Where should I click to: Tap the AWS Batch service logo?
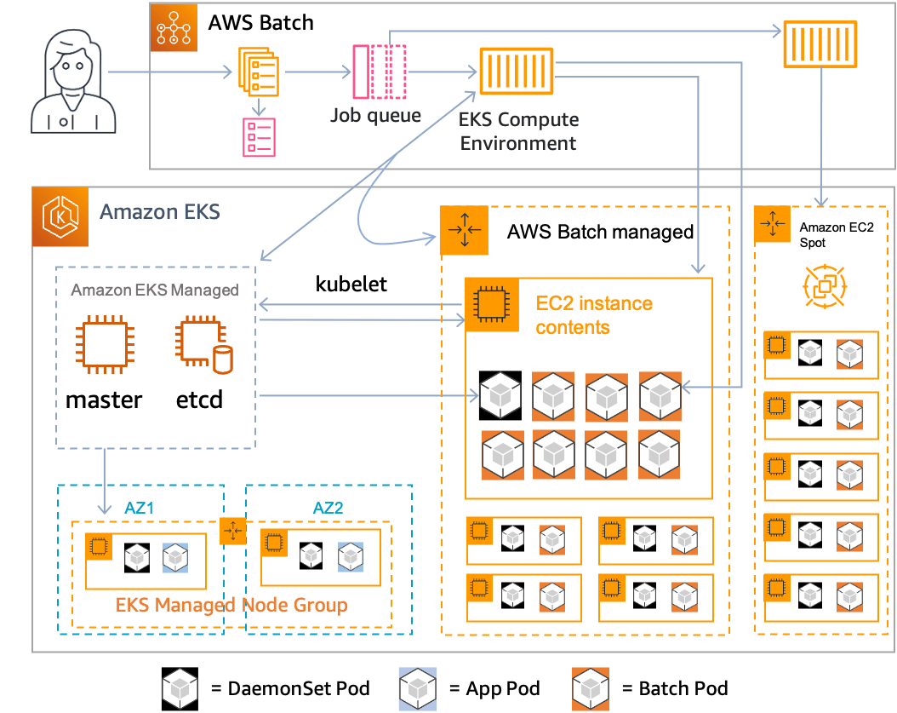coord(174,30)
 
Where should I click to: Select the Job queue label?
coord(375,114)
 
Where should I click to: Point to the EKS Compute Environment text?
coord(518,131)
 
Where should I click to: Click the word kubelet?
coord(351,285)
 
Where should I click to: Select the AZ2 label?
coord(329,508)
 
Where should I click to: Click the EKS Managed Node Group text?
coord(231,606)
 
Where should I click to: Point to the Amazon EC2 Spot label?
coord(824,235)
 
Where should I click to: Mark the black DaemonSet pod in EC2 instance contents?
coord(500,396)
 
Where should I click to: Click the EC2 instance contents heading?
coord(594,314)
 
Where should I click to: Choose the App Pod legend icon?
coord(417,688)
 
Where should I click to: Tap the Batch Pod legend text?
coord(683,688)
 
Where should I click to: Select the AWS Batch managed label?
coord(600,232)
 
